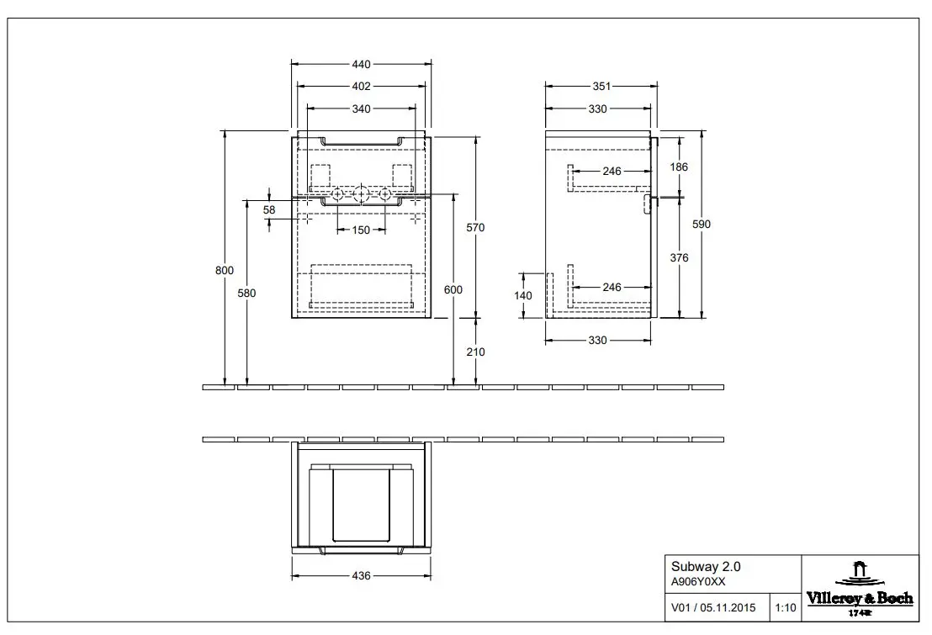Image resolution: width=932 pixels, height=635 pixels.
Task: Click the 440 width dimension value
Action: click(x=361, y=64)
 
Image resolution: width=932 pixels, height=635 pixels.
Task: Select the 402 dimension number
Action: click(x=361, y=87)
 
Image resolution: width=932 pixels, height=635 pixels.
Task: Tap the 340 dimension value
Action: click(x=361, y=108)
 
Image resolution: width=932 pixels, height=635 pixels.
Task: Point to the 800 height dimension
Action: click(x=225, y=271)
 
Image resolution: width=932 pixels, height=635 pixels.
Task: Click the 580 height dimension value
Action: click(x=246, y=294)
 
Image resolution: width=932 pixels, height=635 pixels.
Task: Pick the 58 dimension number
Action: click(x=269, y=210)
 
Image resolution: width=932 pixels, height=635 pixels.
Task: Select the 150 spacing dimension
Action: click(x=361, y=230)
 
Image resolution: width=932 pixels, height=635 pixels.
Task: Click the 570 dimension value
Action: click(x=475, y=228)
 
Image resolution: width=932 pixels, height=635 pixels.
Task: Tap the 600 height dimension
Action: click(x=453, y=290)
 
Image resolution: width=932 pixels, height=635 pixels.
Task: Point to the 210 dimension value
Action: click(x=475, y=352)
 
